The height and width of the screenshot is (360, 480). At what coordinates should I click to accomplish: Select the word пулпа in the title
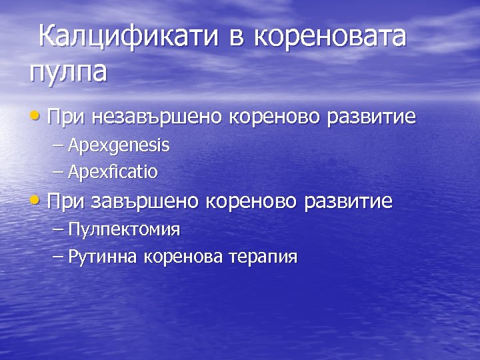point(67,71)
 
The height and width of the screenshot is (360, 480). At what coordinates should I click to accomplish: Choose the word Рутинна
point(102,257)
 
